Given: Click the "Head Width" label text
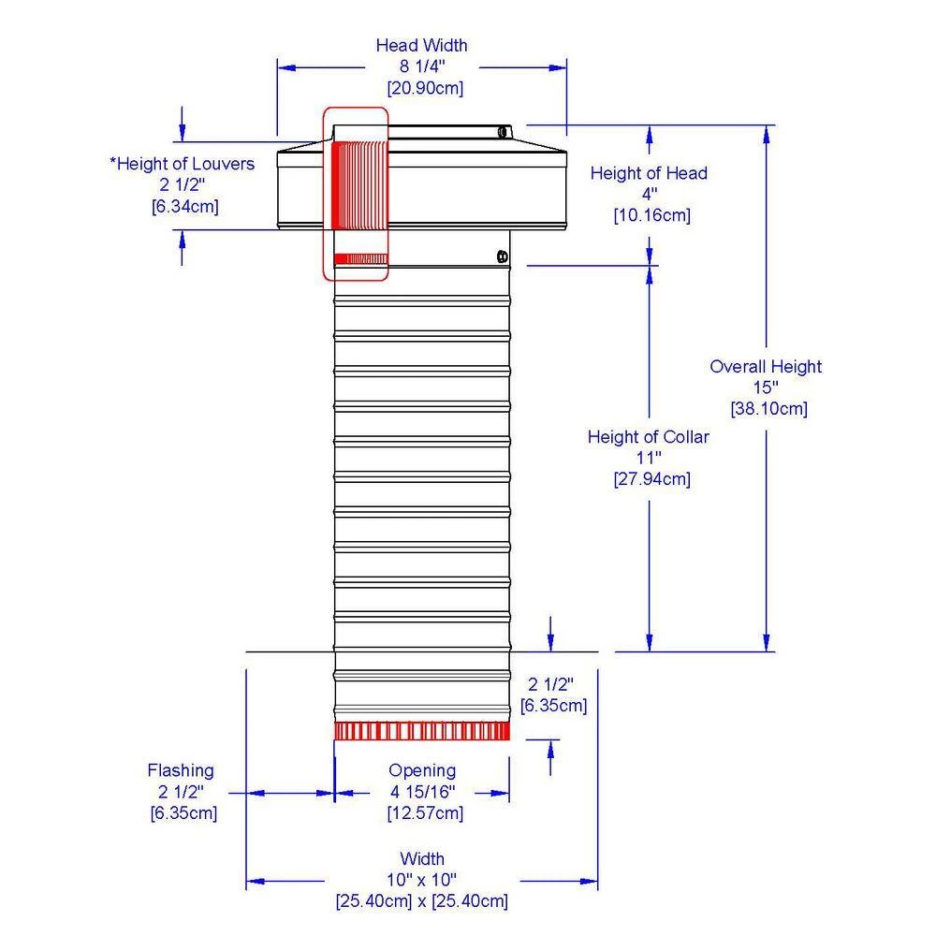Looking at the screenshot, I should point(421,45).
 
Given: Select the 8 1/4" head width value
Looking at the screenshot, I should point(421,66).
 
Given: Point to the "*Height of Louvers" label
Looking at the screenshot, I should point(183,164).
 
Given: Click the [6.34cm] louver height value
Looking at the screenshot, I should point(184,206).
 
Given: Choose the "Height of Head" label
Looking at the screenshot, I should point(649,173).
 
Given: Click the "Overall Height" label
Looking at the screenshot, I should point(766,367).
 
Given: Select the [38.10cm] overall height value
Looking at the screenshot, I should point(768,408).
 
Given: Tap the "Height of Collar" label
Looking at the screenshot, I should point(649,437).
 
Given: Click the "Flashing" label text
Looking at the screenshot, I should point(181,770).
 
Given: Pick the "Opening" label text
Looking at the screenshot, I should point(422,770).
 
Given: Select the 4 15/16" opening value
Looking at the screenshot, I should point(422,792).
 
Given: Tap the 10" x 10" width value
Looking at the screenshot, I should point(422,880).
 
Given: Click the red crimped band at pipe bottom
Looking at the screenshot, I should point(422,731).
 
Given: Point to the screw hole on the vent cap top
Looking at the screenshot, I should point(504,132).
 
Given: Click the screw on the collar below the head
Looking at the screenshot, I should point(502,256).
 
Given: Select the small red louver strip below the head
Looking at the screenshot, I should point(360,258).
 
